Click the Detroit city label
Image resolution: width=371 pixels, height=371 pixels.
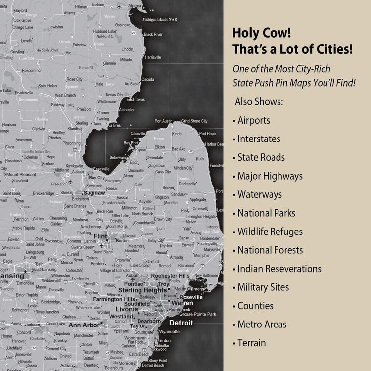(x=181, y=323)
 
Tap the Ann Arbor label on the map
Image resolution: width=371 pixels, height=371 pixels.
(x=84, y=325)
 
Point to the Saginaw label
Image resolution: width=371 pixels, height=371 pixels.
(x=94, y=192)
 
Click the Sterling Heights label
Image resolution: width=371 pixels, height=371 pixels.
(x=142, y=290)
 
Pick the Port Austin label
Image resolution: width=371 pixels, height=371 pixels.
(x=164, y=121)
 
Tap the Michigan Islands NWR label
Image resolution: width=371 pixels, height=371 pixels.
(x=159, y=20)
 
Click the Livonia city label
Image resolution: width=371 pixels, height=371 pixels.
(x=126, y=309)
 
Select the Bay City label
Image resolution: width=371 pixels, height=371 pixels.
(x=96, y=177)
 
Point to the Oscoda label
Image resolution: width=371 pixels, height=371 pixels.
(x=148, y=79)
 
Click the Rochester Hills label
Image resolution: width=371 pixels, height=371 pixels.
(x=170, y=276)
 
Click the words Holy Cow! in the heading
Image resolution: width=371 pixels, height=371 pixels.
(x=262, y=34)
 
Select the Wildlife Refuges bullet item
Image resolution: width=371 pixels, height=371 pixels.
(x=270, y=232)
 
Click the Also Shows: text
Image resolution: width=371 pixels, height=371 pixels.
(x=259, y=102)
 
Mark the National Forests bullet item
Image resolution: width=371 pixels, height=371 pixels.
(x=270, y=250)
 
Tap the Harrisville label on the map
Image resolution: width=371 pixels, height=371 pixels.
(x=153, y=57)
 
